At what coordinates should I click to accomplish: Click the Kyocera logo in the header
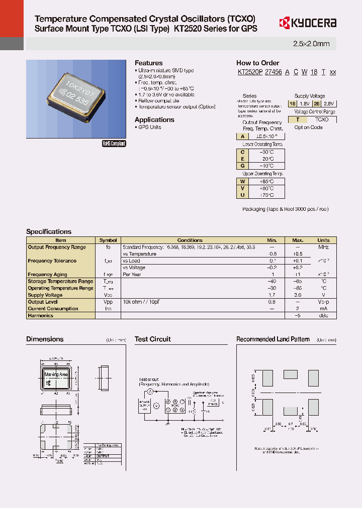pyautogui.click(x=307, y=23)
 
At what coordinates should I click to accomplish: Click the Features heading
pyautogui.click(x=148, y=63)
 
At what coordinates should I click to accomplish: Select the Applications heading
pyautogui.click(x=154, y=119)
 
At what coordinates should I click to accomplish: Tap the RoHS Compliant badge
pyautogui.click(x=114, y=144)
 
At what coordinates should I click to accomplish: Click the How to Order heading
pyautogui.click(x=257, y=63)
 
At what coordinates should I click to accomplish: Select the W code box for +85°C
pyautogui.click(x=242, y=181)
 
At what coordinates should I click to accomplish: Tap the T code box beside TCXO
pyautogui.click(x=298, y=119)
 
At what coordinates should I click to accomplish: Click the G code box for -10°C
pyautogui.click(x=242, y=165)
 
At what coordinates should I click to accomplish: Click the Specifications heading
pyautogui.click(x=49, y=231)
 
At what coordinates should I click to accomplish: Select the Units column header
pyautogui.click(x=323, y=240)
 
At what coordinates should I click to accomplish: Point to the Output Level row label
pyautogui.click(x=43, y=302)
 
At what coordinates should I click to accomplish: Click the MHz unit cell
pyautogui.click(x=323, y=247)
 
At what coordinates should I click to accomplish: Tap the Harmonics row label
pyautogui.click(x=40, y=316)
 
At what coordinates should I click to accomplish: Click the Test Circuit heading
pyautogui.click(x=153, y=339)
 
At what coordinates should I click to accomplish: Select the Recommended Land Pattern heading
pyautogui.click(x=273, y=339)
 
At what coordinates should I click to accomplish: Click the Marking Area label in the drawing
pyautogui.click(x=56, y=374)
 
